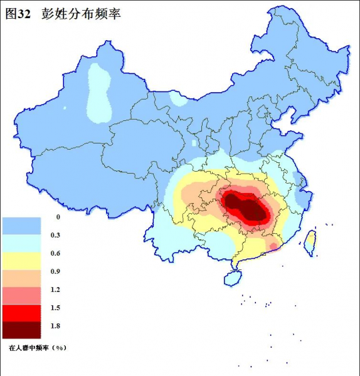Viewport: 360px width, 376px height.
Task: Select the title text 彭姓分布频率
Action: tap(81, 14)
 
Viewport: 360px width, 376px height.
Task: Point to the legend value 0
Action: tap(58, 217)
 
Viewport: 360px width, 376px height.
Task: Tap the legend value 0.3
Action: tap(58, 235)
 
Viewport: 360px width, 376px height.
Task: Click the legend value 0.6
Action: tap(58, 253)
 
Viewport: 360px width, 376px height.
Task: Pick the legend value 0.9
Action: tap(58, 271)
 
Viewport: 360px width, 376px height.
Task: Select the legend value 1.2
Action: tap(58, 290)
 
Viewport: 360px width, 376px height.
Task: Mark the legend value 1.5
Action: tap(58, 308)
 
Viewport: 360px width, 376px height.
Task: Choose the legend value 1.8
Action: tap(58, 326)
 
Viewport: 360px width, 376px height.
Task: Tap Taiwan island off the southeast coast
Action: tap(310, 241)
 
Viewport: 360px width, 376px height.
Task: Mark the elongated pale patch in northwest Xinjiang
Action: tap(97, 94)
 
